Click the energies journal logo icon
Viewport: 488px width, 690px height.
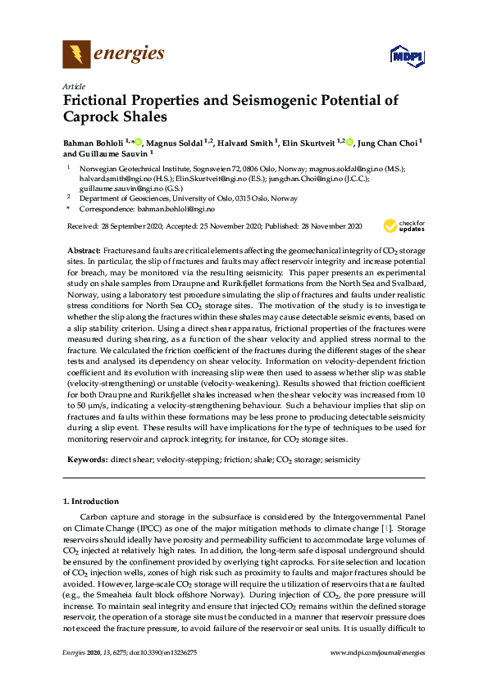tap(76, 54)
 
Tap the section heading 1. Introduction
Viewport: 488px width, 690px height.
tap(91, 501)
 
